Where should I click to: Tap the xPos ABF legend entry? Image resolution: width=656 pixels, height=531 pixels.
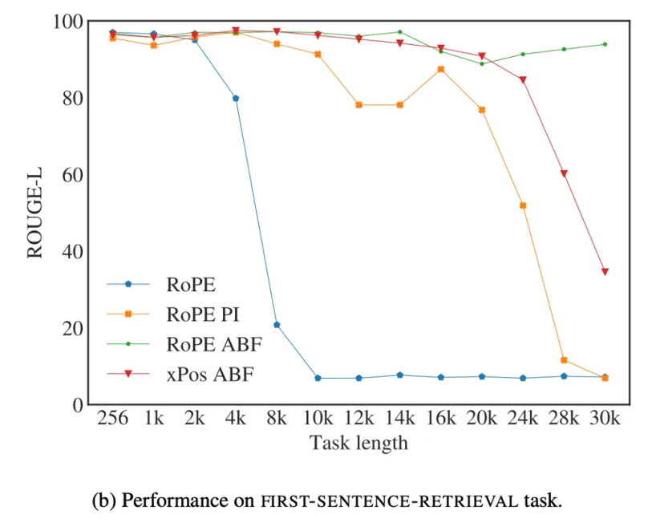point(205,375)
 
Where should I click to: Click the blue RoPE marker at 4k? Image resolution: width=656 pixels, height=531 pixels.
point(236,99)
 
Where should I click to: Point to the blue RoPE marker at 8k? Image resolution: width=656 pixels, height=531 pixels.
point(277,325)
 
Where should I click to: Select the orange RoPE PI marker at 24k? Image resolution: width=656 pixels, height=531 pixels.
point(523,205)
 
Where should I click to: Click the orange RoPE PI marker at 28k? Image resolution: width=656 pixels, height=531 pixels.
point(564,360)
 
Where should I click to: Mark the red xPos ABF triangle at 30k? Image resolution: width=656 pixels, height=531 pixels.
point(605,272)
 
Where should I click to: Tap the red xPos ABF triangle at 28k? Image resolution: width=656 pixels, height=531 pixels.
point(564,173)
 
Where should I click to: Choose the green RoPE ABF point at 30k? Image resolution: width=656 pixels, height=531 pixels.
point(605,44)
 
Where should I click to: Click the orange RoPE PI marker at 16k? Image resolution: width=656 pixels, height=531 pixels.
point(441,69)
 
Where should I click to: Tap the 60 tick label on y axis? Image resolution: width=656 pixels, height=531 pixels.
point(74,175)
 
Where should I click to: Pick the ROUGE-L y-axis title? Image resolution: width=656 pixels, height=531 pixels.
point(35,213)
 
